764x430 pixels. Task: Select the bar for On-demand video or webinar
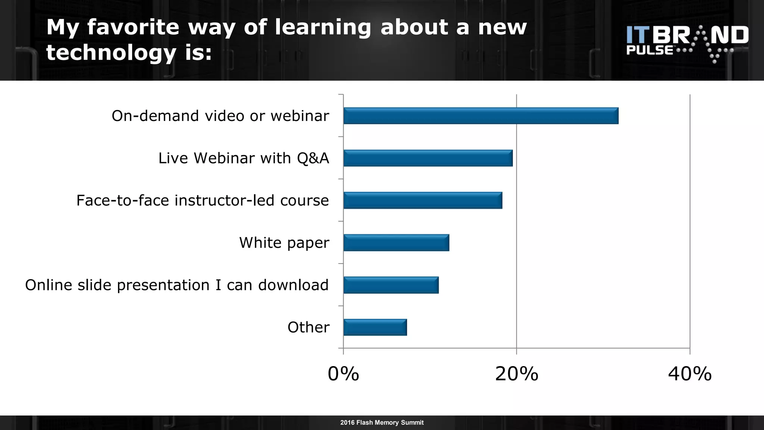point(480,116)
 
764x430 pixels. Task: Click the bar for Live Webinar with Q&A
point(428,158)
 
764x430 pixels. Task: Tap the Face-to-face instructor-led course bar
point(423,200)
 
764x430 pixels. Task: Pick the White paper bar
point(396,243)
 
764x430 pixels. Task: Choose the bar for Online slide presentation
point(391,285)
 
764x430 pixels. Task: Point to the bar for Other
point(375,327)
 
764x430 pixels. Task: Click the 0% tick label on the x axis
point(343,374)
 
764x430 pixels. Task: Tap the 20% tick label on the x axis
point(517,374)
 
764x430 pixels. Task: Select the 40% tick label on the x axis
point(690,374)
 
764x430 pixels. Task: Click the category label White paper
point(284,243)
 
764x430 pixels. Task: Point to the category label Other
point(309,327)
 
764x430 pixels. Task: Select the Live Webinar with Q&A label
point(244,158)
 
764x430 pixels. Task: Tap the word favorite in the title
point(133,27)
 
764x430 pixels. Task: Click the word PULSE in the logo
point(650,50)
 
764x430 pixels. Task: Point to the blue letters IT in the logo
point(638,35)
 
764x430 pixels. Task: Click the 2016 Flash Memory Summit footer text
point(382,423)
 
